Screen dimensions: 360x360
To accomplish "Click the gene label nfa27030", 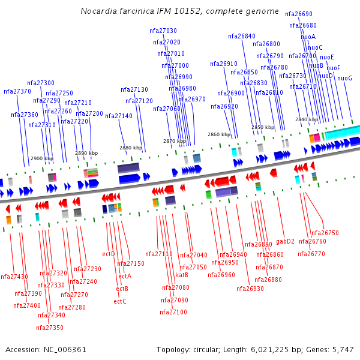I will click(x=163, y=31).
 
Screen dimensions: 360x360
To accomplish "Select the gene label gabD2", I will click(x=286, y=241).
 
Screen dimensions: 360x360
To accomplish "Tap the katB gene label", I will click(x=182, y=275).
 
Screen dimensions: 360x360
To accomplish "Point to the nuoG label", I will click(x=344, y=78).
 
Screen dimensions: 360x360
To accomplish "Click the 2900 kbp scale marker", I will click(x=42, y=158).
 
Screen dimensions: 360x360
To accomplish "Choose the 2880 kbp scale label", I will click(x=131, y=148).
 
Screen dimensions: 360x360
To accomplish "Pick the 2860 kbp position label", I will click(x=219, y=135).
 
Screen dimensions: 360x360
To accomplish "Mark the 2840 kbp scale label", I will click(x=306, y=119).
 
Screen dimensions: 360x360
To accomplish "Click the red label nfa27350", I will click(x=50, y=328).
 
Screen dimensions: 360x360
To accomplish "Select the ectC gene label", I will click(x=120, y=301).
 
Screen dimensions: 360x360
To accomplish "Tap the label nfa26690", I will click(x=299, y=13).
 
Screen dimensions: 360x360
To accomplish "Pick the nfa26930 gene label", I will click(x=250, y=289).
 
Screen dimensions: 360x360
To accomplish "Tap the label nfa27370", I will click(x=17, y=91).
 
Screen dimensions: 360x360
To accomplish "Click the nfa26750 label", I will click(x=325, y=233).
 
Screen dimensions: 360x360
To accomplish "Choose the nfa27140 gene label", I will click(x=119, y=116).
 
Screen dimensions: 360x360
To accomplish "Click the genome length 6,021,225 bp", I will click(x=271, y=349).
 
